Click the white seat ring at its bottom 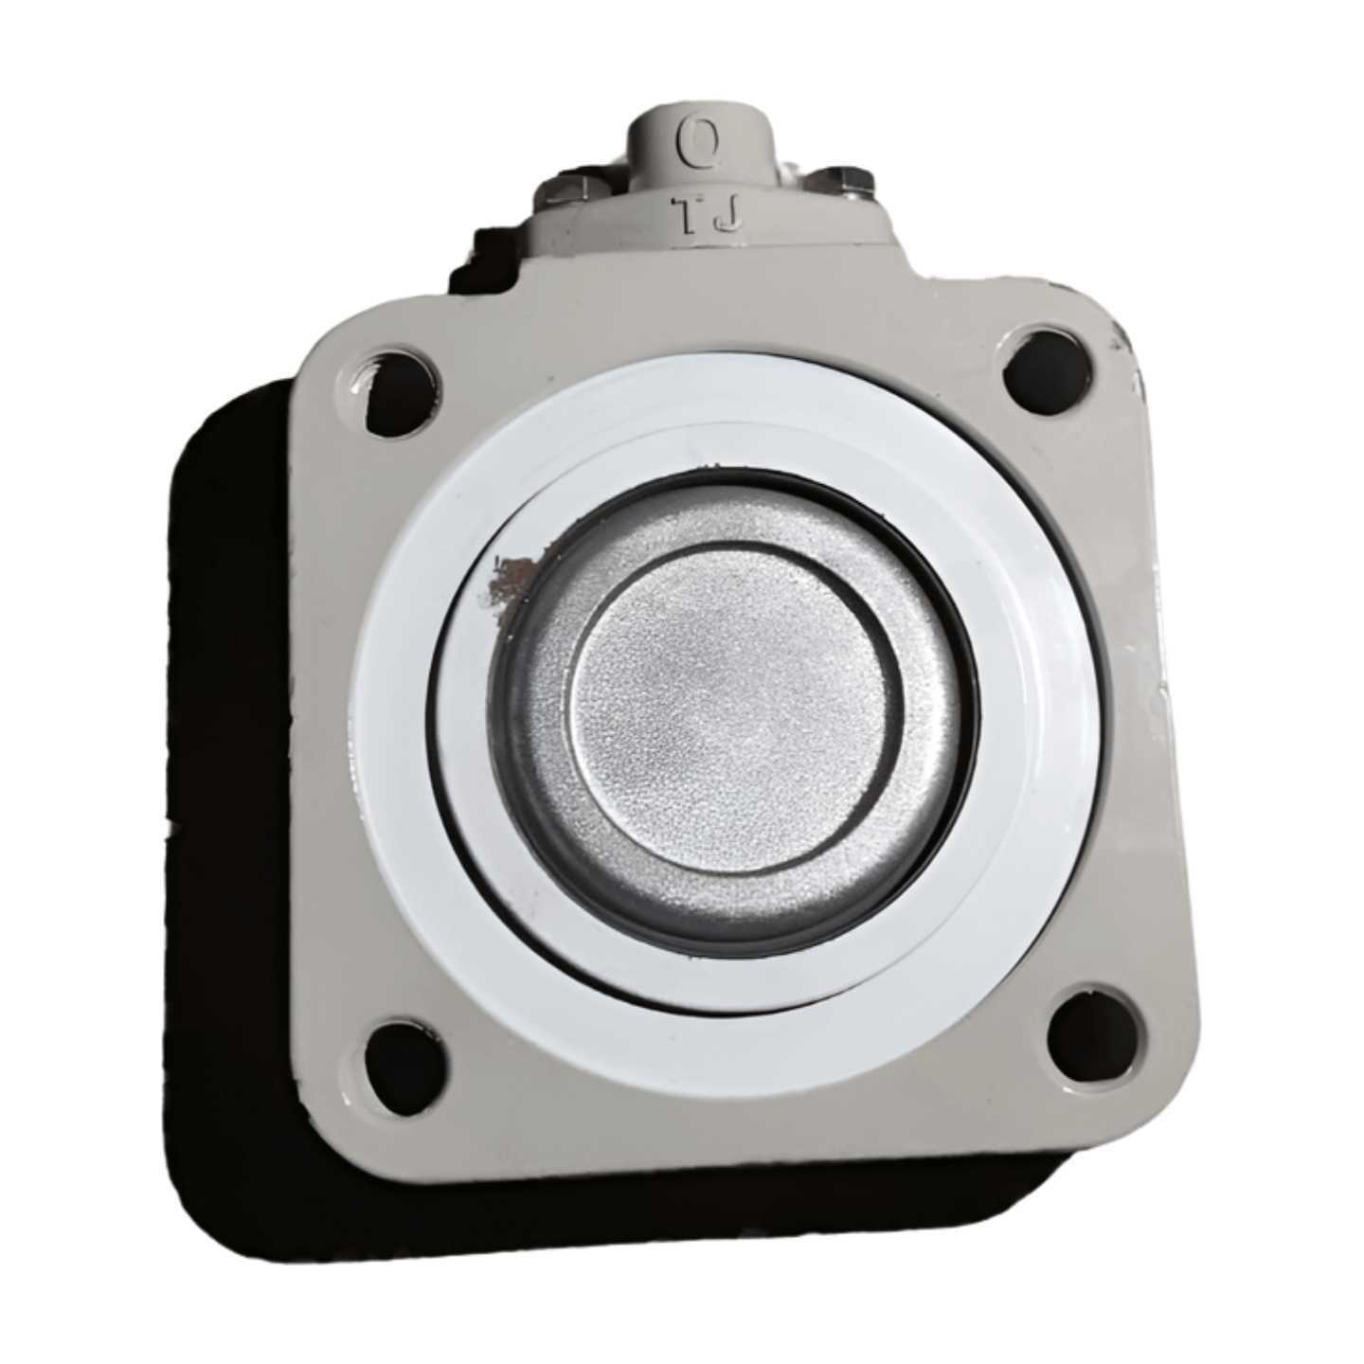748,1051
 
